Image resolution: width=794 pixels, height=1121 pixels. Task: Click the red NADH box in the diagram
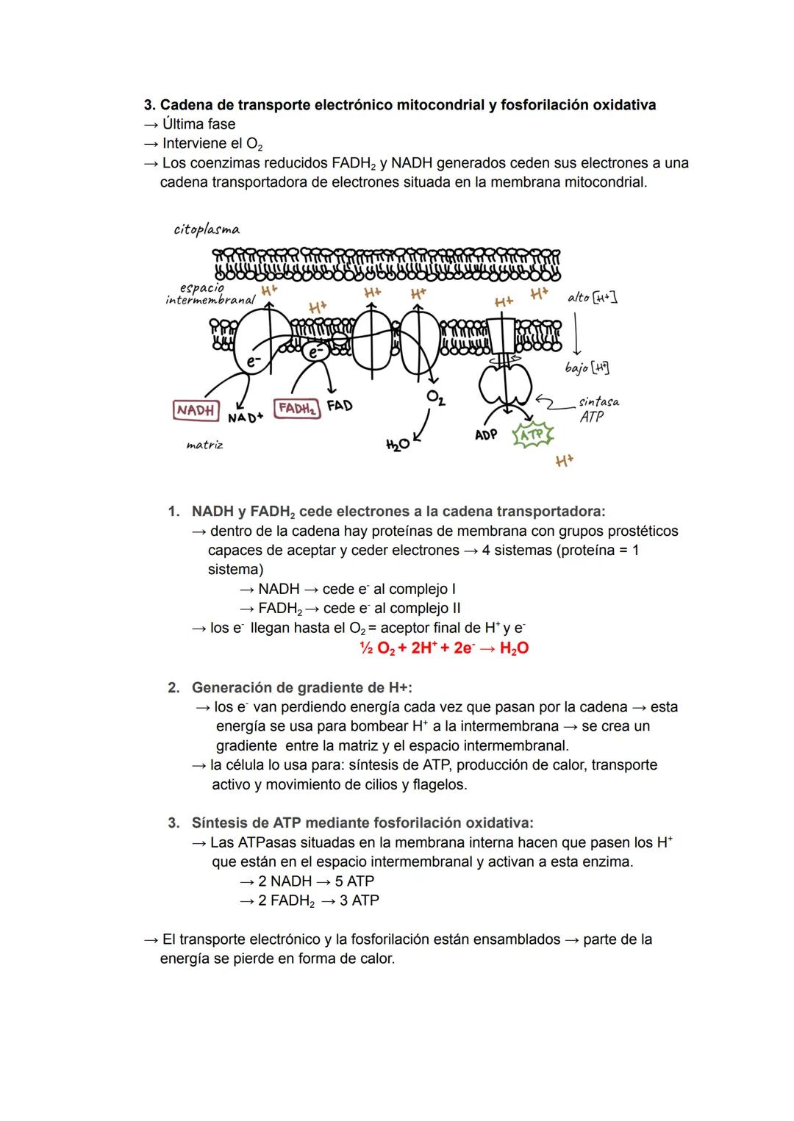coord(196,410)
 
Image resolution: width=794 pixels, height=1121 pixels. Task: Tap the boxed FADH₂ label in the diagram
coord(297,408)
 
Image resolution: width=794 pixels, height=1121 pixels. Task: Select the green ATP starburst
coord(533,435)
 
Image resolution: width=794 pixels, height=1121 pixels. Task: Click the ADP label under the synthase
coord(486,434)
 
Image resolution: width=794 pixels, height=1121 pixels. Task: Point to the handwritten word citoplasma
coord(207,229)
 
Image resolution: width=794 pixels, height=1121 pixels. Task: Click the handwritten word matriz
coord(204,445)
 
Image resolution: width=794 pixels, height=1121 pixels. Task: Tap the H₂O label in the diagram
coord(397,445)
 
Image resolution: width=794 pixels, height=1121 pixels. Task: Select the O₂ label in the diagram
coord(435,398)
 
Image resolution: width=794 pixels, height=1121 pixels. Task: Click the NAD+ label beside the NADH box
coord(245,417)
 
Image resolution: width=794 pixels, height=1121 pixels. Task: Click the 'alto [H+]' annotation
coord(592,297)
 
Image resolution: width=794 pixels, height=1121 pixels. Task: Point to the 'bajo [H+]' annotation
coord(587,368)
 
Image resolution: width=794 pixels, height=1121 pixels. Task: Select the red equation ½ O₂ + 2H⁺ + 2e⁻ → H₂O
coord(443,648)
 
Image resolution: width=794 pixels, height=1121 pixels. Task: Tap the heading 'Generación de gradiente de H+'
coord(301,687)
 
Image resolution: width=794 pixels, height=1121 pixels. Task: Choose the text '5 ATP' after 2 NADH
coord(354,881)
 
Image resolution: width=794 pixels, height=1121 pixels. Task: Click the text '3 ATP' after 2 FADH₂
coord(360,900)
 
